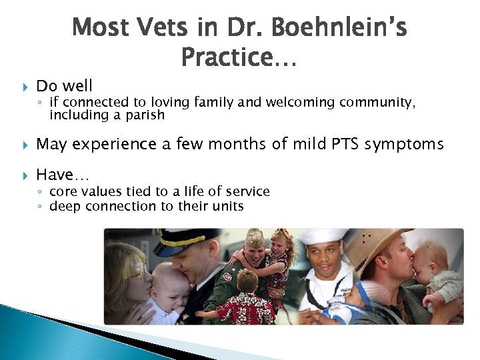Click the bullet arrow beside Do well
pyautogui.click(x=25, y=86)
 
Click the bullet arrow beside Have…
pyautogui.click(x=25, y=175)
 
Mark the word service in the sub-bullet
pyautogui.click(x=248, y=192)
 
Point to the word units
pyautogui.click(x=227, y=206)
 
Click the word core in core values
pyautogui.click(x=63, y=192)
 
